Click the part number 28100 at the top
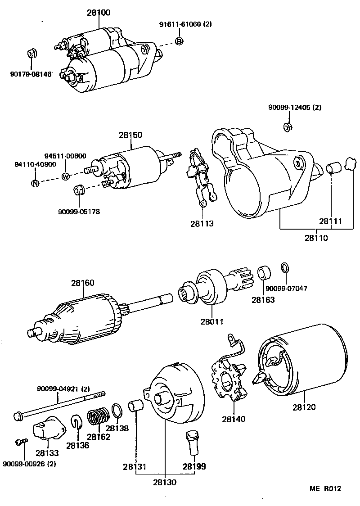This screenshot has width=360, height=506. [98, 13]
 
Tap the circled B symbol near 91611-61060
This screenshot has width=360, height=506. [179, 41]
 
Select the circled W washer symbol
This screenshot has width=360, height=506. [66, 176]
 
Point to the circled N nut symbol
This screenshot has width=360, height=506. [35, 183]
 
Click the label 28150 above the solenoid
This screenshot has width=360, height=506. [130, 135]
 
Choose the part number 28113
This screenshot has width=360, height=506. [202, 223]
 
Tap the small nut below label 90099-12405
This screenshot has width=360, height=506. [288, 127]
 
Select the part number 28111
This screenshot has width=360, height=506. [331, 221]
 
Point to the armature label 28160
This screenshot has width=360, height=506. [82, 283]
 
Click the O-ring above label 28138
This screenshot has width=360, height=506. [116, 411]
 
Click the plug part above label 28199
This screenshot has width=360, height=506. [191, 442]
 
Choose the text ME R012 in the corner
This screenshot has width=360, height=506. [325, 488]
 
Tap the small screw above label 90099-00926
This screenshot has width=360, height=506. [19, 442]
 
